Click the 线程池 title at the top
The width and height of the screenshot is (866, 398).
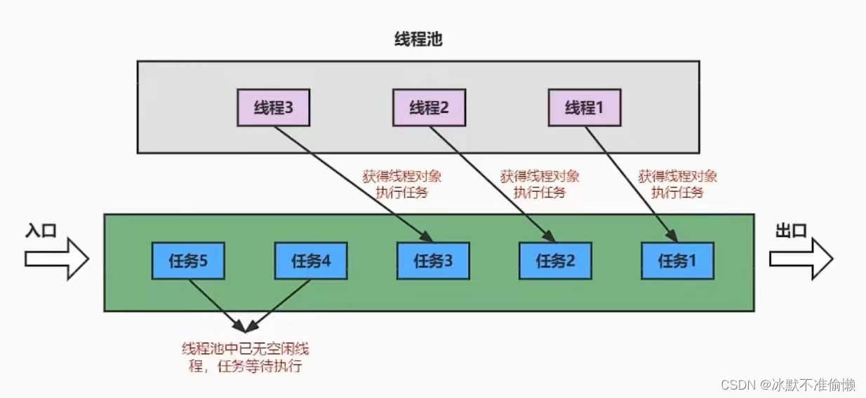pos(418,40)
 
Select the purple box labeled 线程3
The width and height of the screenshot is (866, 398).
pos(272,108)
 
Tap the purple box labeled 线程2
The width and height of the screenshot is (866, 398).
pos(428,108)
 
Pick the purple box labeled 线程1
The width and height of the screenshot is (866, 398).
pos(584,108)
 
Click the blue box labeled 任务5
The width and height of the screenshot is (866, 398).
pos(188,261)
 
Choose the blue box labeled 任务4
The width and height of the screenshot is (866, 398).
pos(310,261)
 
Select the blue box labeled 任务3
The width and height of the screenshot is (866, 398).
pos(433,261)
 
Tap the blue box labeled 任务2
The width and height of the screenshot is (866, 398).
pos(555,261)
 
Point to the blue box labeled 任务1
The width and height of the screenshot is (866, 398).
pos(677,261)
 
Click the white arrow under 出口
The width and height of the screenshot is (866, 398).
pos(801,259)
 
